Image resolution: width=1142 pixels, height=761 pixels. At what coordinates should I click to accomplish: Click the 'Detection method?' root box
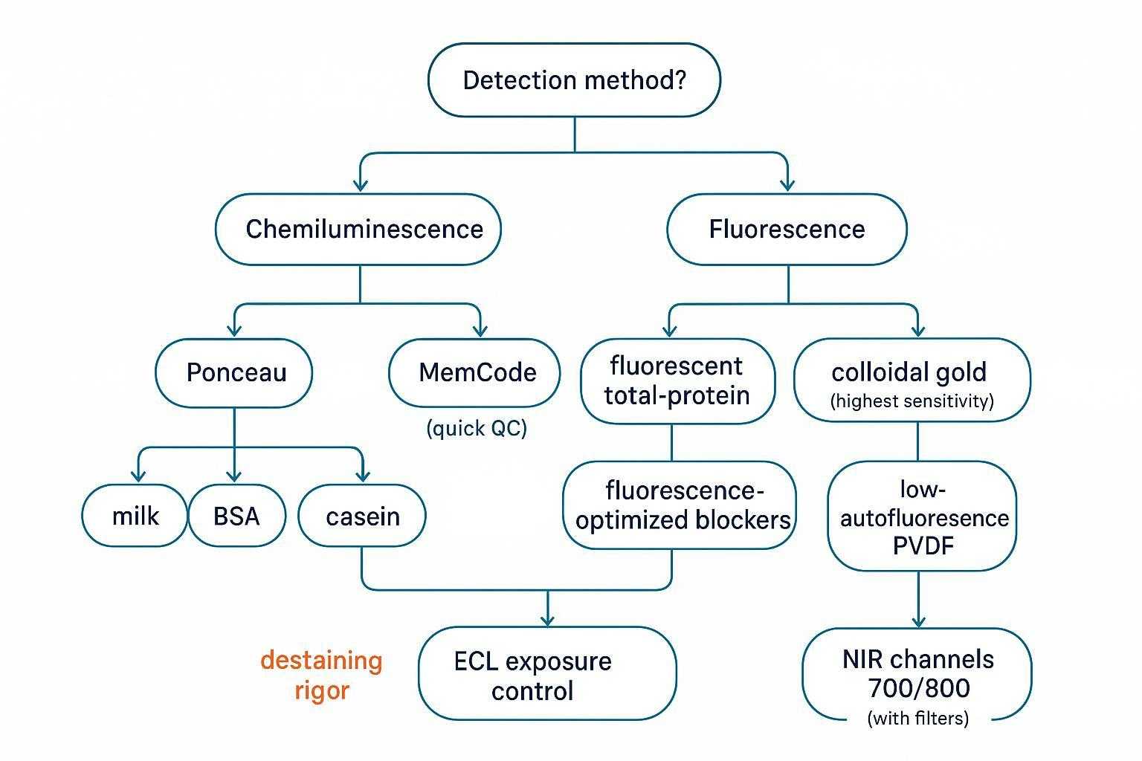coord(574,80)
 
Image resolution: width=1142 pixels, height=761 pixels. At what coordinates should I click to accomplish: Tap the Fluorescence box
coord(787,229)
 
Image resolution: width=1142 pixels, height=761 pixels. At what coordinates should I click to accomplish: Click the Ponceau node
coord(234,372)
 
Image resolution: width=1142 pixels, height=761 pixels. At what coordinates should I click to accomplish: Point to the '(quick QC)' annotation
coord(477,429)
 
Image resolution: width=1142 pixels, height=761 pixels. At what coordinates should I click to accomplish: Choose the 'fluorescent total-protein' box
coord(677,380)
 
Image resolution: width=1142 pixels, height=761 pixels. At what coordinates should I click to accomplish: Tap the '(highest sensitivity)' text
coord(912,402)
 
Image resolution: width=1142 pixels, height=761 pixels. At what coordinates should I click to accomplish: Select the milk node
coord(135,516)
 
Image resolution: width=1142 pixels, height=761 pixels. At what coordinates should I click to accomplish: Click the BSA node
coord(236,516)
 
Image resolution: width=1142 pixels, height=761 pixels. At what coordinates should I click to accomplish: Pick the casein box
coord(362,516)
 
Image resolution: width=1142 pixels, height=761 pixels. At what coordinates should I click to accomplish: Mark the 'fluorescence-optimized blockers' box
coord(680,505)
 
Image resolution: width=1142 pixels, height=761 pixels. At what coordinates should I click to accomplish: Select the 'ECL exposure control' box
coord(547,674)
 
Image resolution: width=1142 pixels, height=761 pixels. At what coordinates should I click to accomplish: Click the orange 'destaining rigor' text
coord(321,674)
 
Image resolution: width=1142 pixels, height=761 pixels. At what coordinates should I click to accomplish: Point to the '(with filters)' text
coord(918,719)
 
